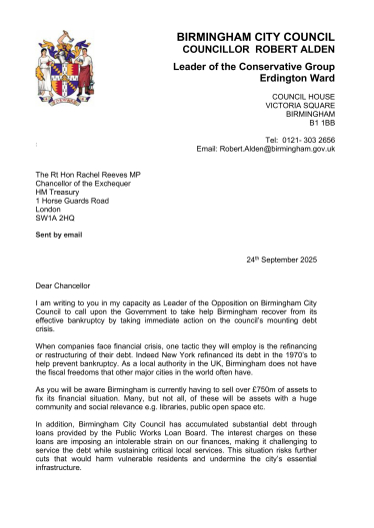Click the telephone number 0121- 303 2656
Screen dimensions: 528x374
pos(300,140)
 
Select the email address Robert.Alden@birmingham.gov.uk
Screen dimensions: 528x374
pos(277,149)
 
